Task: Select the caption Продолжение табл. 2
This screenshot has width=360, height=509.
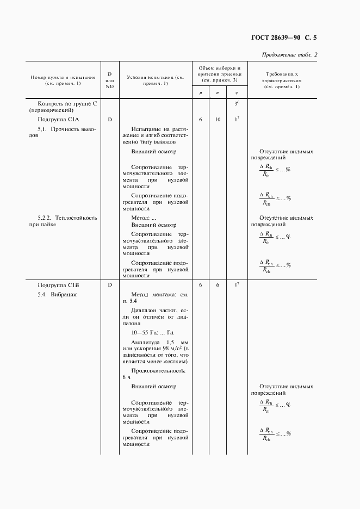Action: (289, 54)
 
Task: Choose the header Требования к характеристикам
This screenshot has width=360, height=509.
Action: (281, 79)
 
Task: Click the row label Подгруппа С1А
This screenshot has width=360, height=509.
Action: (59, 119)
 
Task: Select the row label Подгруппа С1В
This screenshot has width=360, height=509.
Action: (59, 284)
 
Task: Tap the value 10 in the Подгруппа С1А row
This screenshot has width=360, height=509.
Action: (218, 119)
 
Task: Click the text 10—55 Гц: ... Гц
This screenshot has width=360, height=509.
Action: (148, 332)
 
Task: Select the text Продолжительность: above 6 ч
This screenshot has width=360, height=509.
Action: (158, 370)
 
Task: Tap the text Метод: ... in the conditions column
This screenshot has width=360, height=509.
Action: (144, 218)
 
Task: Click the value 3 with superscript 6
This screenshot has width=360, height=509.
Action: (236, 103)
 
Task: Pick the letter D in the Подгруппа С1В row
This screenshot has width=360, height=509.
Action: (109, 284)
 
